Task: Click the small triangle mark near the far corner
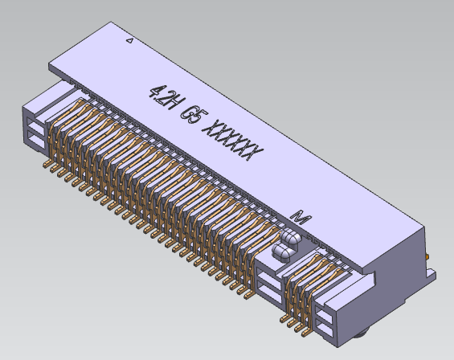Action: (x=131, y=39)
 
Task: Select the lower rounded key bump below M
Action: (x=282, y=253)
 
